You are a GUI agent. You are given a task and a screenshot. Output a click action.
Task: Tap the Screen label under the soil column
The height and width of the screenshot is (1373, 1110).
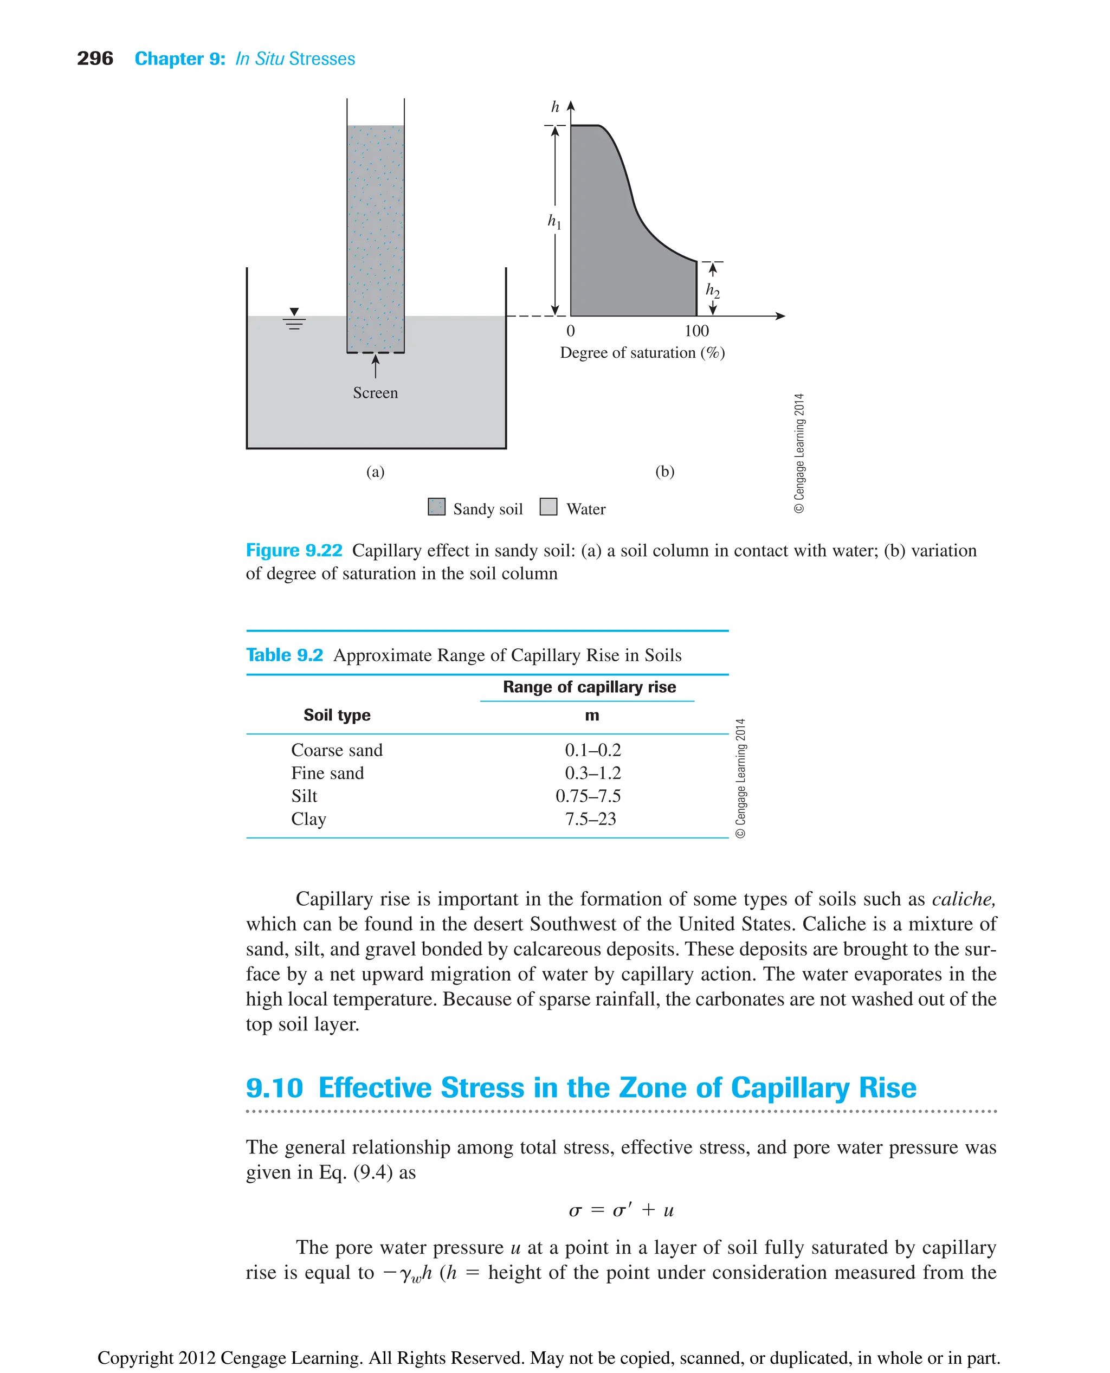[375, 392]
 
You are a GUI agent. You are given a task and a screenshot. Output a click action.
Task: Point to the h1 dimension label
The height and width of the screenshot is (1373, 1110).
[554, 221]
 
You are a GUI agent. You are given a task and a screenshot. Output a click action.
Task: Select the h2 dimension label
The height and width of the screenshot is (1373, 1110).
[712, 291]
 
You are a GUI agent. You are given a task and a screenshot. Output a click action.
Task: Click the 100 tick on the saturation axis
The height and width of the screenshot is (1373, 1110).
[696, 331]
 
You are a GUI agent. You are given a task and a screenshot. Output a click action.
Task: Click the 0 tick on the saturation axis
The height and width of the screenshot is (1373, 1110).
[570, 331]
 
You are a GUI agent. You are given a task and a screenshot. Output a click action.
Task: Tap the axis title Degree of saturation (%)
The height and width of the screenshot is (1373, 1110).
[642, 353]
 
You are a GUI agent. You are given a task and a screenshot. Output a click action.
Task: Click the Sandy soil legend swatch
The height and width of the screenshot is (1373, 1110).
[437, 507]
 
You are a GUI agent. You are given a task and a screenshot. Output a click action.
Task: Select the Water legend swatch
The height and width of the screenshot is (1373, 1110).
[548, 507]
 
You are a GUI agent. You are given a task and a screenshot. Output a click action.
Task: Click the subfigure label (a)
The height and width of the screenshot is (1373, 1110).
[375, 472]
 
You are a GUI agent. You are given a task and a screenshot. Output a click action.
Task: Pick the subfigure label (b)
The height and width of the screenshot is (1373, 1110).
[665, 472]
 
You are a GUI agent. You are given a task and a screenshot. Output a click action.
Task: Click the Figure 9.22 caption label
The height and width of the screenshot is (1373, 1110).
[294, 551]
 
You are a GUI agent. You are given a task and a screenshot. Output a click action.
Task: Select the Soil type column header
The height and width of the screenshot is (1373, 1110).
[337, 715]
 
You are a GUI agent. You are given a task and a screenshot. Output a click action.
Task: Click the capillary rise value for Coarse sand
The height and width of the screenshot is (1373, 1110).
[593, 750]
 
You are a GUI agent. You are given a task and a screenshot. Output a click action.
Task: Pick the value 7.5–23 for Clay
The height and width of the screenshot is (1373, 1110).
[590, 819]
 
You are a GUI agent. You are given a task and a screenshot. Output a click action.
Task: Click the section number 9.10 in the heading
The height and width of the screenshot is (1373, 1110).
[274, 1088]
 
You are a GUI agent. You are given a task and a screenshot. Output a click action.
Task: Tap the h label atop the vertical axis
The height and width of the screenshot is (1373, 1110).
[555, 107]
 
